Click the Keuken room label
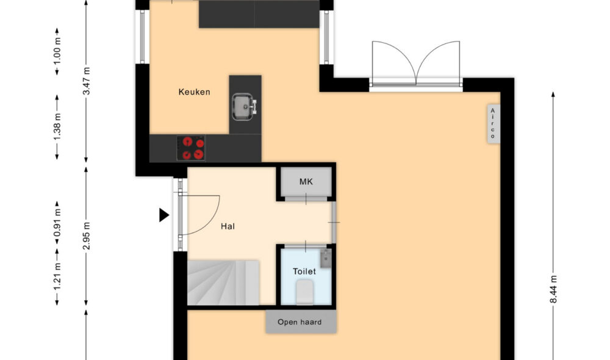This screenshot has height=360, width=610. click(194, 92)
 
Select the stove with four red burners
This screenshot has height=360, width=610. click(191, 148)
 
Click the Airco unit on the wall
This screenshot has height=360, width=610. click(492, 124)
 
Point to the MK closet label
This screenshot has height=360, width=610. click(306, 182)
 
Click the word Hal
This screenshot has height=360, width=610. click(228, 226)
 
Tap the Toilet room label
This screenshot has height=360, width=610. click(304, 271)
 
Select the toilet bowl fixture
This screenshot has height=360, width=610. click(304, 292)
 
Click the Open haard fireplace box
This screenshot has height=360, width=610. click(300, 322)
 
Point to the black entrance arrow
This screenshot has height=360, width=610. click(163, 215)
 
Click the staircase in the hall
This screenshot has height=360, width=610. click(223, 282)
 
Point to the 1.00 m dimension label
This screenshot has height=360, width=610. click(57, 51)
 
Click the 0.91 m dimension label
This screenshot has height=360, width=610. click(57, 223)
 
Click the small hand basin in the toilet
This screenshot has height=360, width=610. click(326, 259)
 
